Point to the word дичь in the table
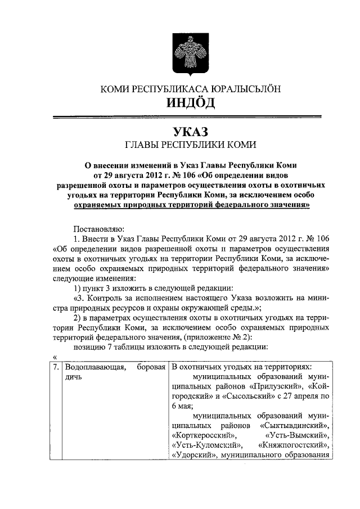[74, 377]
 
